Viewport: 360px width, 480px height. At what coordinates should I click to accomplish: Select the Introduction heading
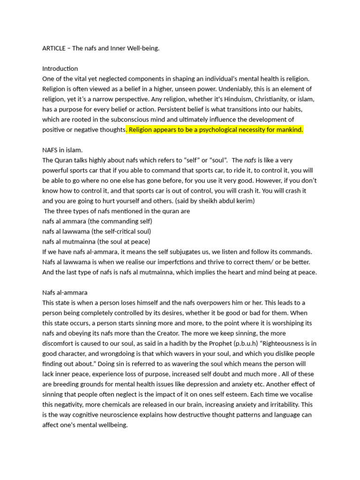click(60, 69)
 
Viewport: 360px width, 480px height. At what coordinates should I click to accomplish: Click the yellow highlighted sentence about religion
click(216, 130)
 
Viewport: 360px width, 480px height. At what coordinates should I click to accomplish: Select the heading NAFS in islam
click(62, 150)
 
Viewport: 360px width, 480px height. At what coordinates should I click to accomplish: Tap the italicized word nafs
click(251, 160)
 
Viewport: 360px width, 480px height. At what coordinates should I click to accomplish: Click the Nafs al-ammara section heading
click(65, 292)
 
